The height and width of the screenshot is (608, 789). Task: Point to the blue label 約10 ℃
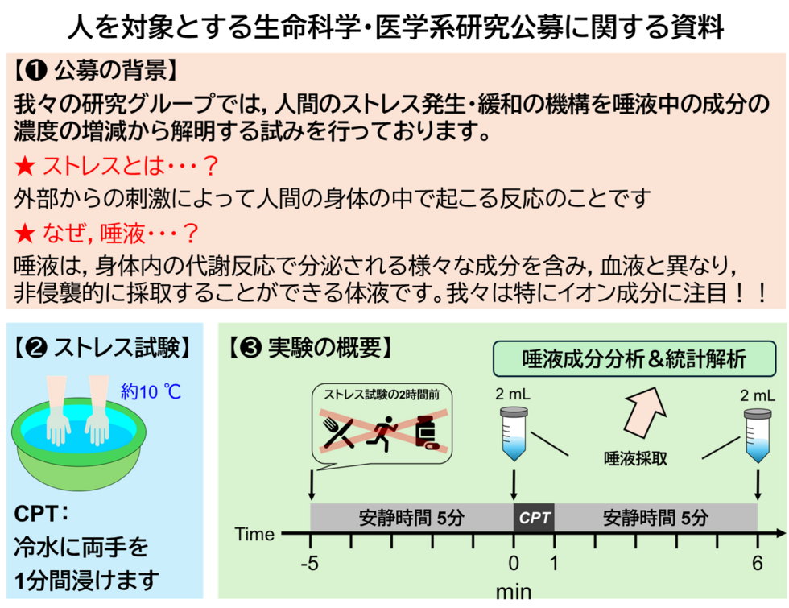click(x=151, y=392)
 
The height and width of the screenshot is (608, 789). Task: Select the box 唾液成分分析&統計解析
click(x=635, y=359)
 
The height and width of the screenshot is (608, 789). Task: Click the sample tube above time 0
click(x=514, y=433)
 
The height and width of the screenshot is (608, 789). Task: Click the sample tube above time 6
click(x=757, y=433)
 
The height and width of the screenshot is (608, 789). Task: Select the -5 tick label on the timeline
click(x=311, y=563)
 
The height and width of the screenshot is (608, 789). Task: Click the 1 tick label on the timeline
click(x=554, y=563)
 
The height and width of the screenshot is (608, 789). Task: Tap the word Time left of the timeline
click(x=254, y=534)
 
